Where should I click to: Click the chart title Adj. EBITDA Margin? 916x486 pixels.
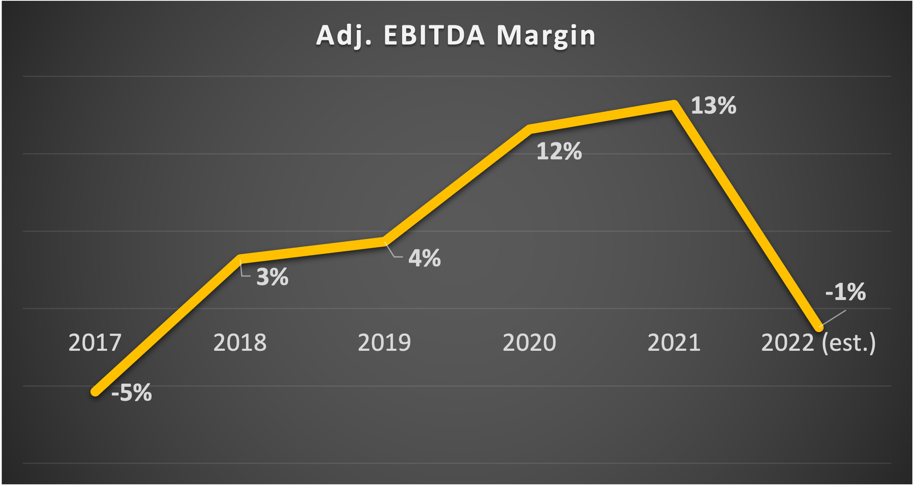pyautogui.click(x=456, y=36)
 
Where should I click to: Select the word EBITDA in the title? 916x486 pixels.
pyautogui.click(x=434, y=36)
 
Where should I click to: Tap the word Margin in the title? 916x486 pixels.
pyautogui.click(x=546, y=36)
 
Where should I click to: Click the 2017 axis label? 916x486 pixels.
pyautogui.click(x=95, y=343)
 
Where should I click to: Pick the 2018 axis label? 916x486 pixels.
pyautogui.click(x=240, y=343)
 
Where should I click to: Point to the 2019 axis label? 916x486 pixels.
pyautogui.click(x=384, y=343)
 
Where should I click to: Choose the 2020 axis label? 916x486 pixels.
pyautogui.click(x=529, y=343)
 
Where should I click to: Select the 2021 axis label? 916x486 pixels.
pyautogui.click(x=674, y=343)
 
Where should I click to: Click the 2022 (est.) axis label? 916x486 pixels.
pyautogui.click(x=819, y=343)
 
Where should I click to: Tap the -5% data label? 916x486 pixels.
pyautogui.click(x=132, y=393)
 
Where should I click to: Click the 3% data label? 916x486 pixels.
pyautogui.click(x=272, y=277)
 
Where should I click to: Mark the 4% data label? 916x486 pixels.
pyautogui.click(x=424, y=258)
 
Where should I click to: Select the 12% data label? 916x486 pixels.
pyautogui.click(x=559, y=151)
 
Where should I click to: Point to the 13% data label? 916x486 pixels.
pyautogui.click(x=714, y=106)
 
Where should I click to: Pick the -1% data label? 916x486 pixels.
pyautogui.click(x=845, y=292)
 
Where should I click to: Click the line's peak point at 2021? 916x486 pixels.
pyautogui.click(x=674, y=105)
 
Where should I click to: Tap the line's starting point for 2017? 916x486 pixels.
pyautogui.click(x=96, y=392)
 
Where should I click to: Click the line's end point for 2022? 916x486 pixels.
pyautogui.click(x=819, y=327)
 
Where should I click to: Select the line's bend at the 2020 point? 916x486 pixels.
pyautogui.click(x=529, y=129)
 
